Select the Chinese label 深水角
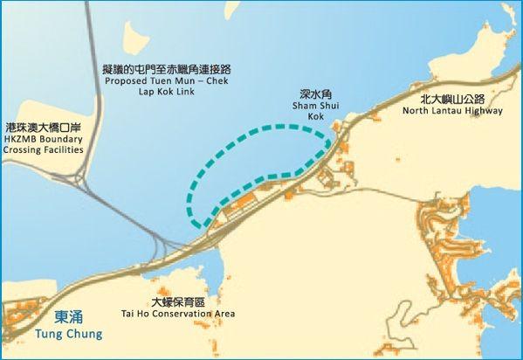[315, 93]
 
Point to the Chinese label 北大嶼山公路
[451, 100]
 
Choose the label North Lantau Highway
[452, 112]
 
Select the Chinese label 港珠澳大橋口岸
[43, 127]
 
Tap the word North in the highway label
[416, 112]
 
